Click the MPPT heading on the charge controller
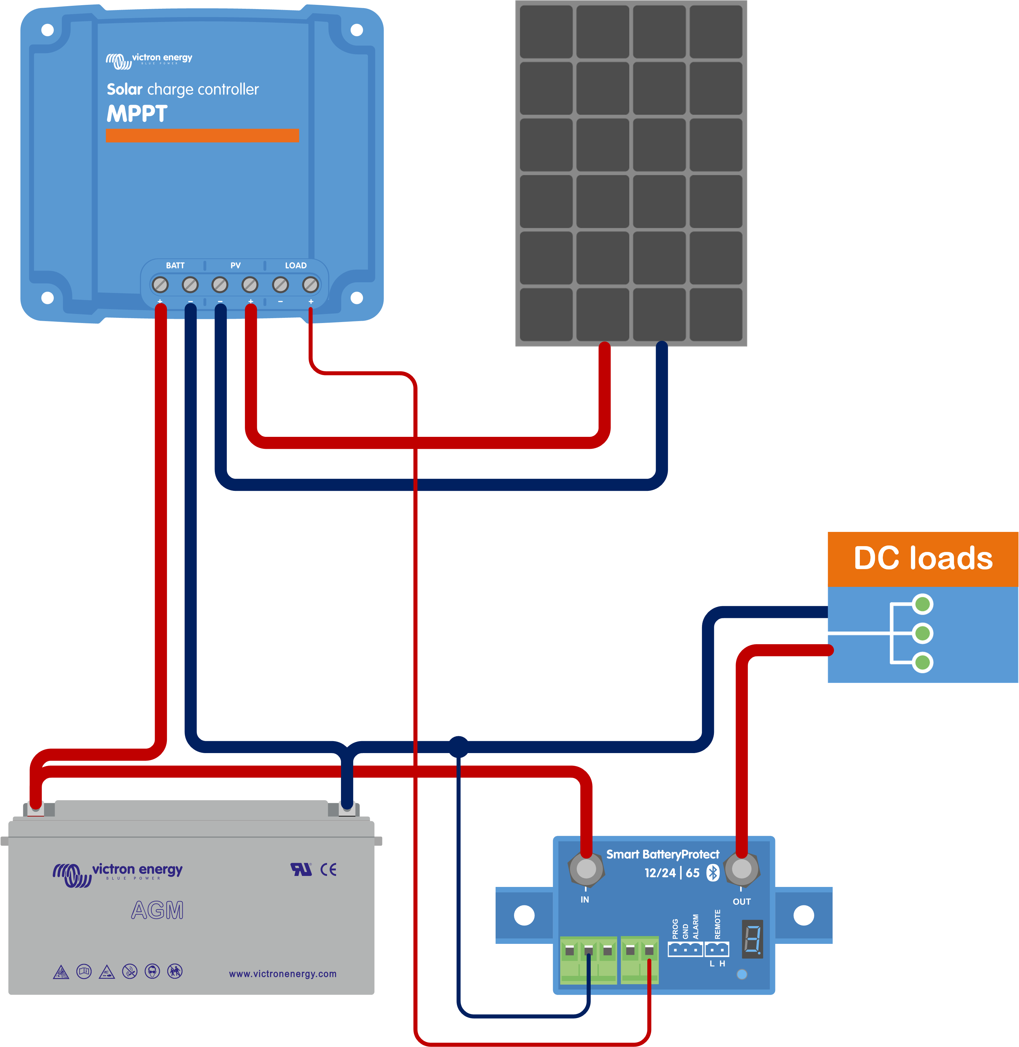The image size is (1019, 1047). [x=137, y=113]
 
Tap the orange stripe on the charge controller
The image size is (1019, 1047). [x=202, y=135]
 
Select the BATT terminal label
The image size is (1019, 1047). [x=175, y=265]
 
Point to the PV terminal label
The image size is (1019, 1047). [x=236, y=265]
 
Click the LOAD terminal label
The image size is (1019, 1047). [x=295, y=265]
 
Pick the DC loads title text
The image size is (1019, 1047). [x=923, y=558]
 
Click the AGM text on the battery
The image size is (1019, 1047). [x=157, y=910]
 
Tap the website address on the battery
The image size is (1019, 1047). [x=283, y=974]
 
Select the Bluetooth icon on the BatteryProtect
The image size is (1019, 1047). [x=713, y=873]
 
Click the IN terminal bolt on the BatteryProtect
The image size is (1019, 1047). [x=586, y=869]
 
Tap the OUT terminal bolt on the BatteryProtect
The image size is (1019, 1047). [x=741, y=869]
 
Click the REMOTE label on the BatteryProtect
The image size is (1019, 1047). [x=718, y=924]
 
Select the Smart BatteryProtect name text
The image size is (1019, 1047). [x=663, y=854]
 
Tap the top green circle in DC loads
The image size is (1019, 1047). [x=922, y=605]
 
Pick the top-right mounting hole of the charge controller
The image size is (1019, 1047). [x=356, y=30]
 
